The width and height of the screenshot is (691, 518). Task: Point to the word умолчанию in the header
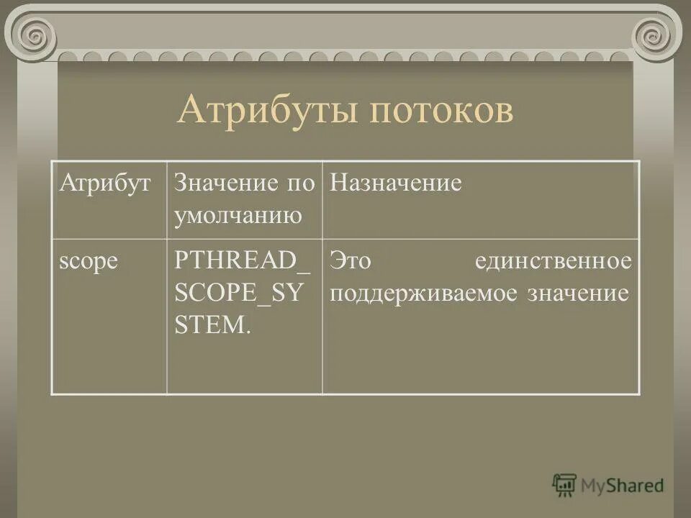[238, 215]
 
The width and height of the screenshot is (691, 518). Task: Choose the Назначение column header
[395, 183]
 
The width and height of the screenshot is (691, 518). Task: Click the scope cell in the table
[88, 261]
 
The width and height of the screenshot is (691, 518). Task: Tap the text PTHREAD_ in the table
[242, 261]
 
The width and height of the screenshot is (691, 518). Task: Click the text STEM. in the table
[213, 325]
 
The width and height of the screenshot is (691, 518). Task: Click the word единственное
[553, 261]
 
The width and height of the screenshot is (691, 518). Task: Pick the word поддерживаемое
[425, 294]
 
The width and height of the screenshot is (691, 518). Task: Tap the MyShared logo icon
[564, 486]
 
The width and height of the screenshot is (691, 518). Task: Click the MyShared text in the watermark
[622, 486]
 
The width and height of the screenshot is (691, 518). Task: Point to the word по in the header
[302, 183]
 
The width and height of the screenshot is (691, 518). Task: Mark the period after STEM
[248, 332]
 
